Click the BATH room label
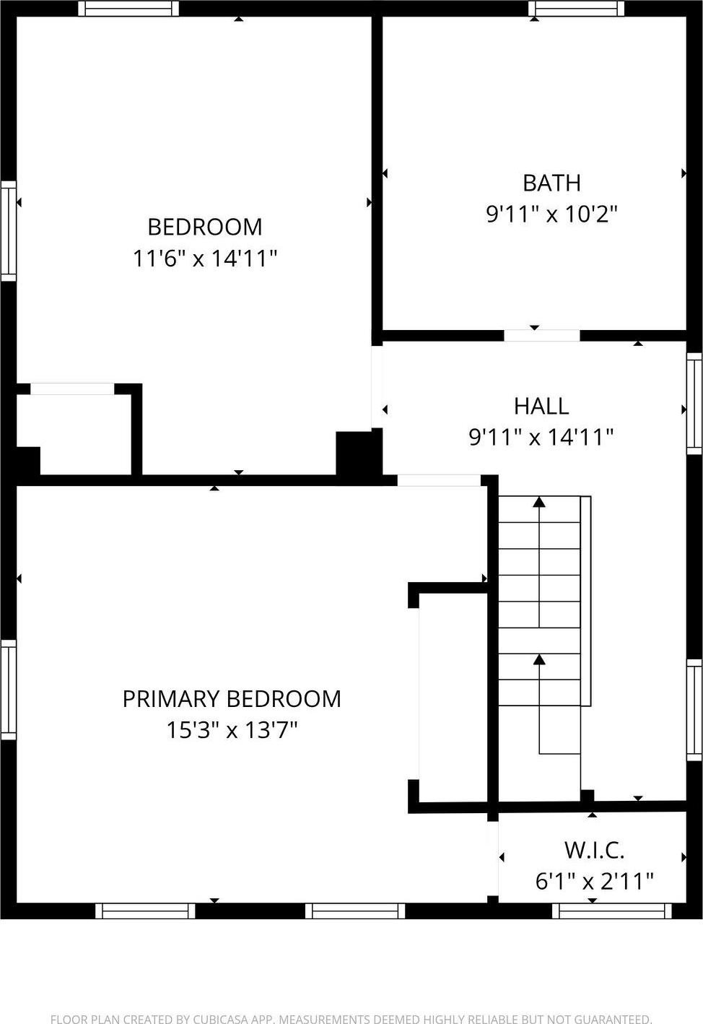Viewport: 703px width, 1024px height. point(551,183)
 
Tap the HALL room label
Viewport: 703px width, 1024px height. point(541,406)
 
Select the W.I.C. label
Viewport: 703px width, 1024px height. point(594,850)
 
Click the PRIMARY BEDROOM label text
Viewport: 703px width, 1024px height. point(232,699)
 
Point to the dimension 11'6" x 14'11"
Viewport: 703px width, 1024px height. point(205,258)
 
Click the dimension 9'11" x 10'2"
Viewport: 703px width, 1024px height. point(551,214)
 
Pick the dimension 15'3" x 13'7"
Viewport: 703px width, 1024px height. point(232,730)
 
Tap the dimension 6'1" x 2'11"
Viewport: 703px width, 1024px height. point(594,881)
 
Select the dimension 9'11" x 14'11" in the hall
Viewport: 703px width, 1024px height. point(541,437)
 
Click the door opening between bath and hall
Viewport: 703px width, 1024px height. point(541,335)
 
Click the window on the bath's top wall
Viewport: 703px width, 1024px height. point(576,9)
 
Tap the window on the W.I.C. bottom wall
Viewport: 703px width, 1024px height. point(612,911)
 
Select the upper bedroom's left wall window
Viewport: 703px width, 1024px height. point(8,231)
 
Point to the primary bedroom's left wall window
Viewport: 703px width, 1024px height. point(8,690)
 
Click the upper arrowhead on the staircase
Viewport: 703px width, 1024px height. point(539,501)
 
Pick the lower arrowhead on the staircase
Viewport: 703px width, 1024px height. point(539,659)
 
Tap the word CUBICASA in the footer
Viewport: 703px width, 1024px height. point(221,1019)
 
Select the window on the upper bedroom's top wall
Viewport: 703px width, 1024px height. point(128,9)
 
